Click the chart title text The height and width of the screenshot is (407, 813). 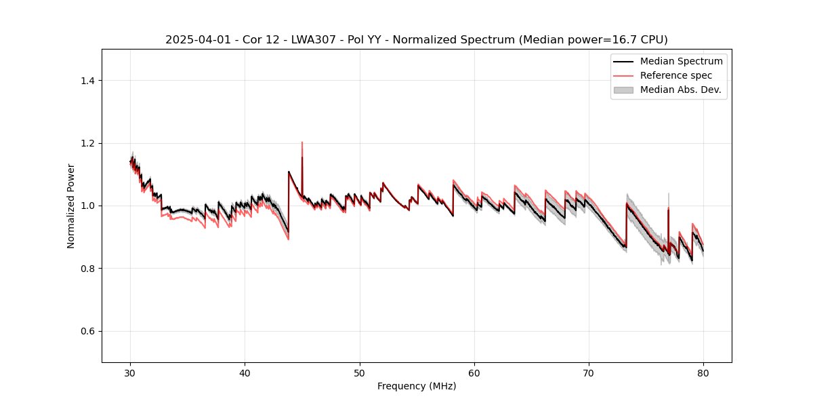click(416, 40)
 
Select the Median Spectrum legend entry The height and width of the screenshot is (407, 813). click(681, 61)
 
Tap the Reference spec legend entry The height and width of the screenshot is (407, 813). click(675, 75)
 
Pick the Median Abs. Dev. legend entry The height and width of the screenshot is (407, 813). click(680, 90)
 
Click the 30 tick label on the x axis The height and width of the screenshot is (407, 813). click(131, 372)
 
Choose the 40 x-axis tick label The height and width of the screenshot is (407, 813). click(245, 372)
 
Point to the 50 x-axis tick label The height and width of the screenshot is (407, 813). click(360, 372)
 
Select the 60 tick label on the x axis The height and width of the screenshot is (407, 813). click(474, 372)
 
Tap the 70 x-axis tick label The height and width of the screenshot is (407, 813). click(589, 372)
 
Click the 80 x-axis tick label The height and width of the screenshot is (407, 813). click(703, 372)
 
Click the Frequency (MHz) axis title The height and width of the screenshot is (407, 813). click(417, 386)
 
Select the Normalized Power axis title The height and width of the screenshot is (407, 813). click(71, 206)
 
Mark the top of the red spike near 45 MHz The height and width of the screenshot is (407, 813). click(302, 142)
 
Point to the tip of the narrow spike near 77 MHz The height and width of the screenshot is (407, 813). click(669, 193)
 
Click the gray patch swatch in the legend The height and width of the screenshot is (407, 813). click(623, 90)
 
